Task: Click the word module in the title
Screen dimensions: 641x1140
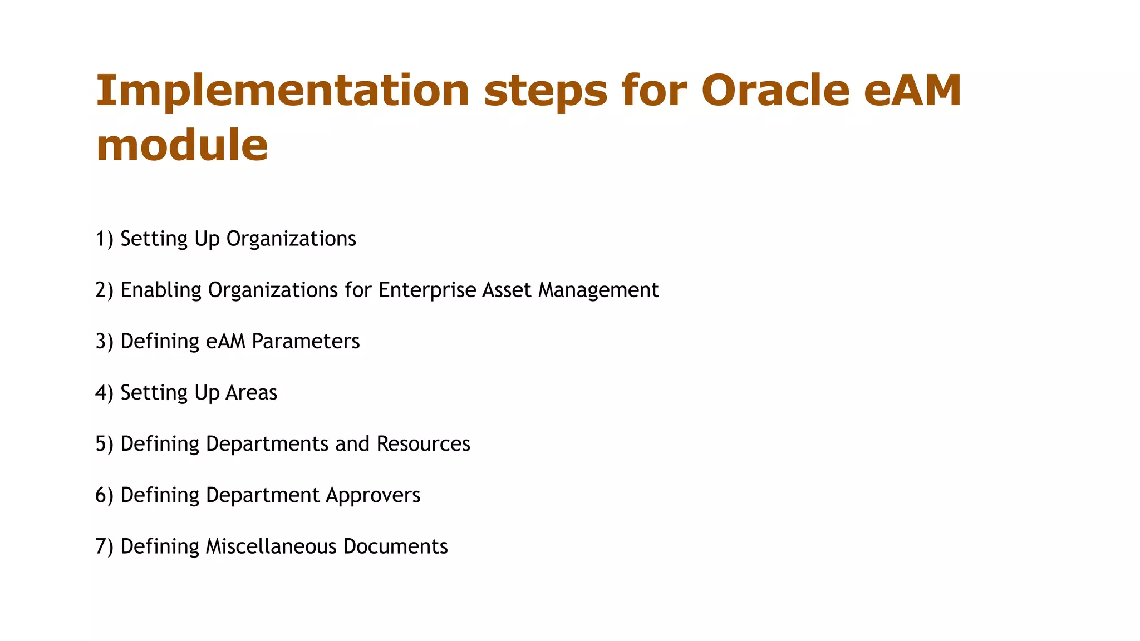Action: pos(182,145)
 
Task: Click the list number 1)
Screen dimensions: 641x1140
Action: pos(104,239)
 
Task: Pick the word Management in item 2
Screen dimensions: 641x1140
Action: pos(598,290)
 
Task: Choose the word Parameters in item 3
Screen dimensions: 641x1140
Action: pos(306,341)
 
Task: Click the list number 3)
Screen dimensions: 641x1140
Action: pos(104,341)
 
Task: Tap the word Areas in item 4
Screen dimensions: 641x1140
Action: pos(251,393)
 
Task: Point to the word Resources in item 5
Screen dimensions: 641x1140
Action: pos(423,444)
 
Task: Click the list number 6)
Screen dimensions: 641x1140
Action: pos(104,495)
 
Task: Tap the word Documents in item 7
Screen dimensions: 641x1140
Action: pos(395,546)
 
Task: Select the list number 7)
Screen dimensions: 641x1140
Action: pos(104,546)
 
